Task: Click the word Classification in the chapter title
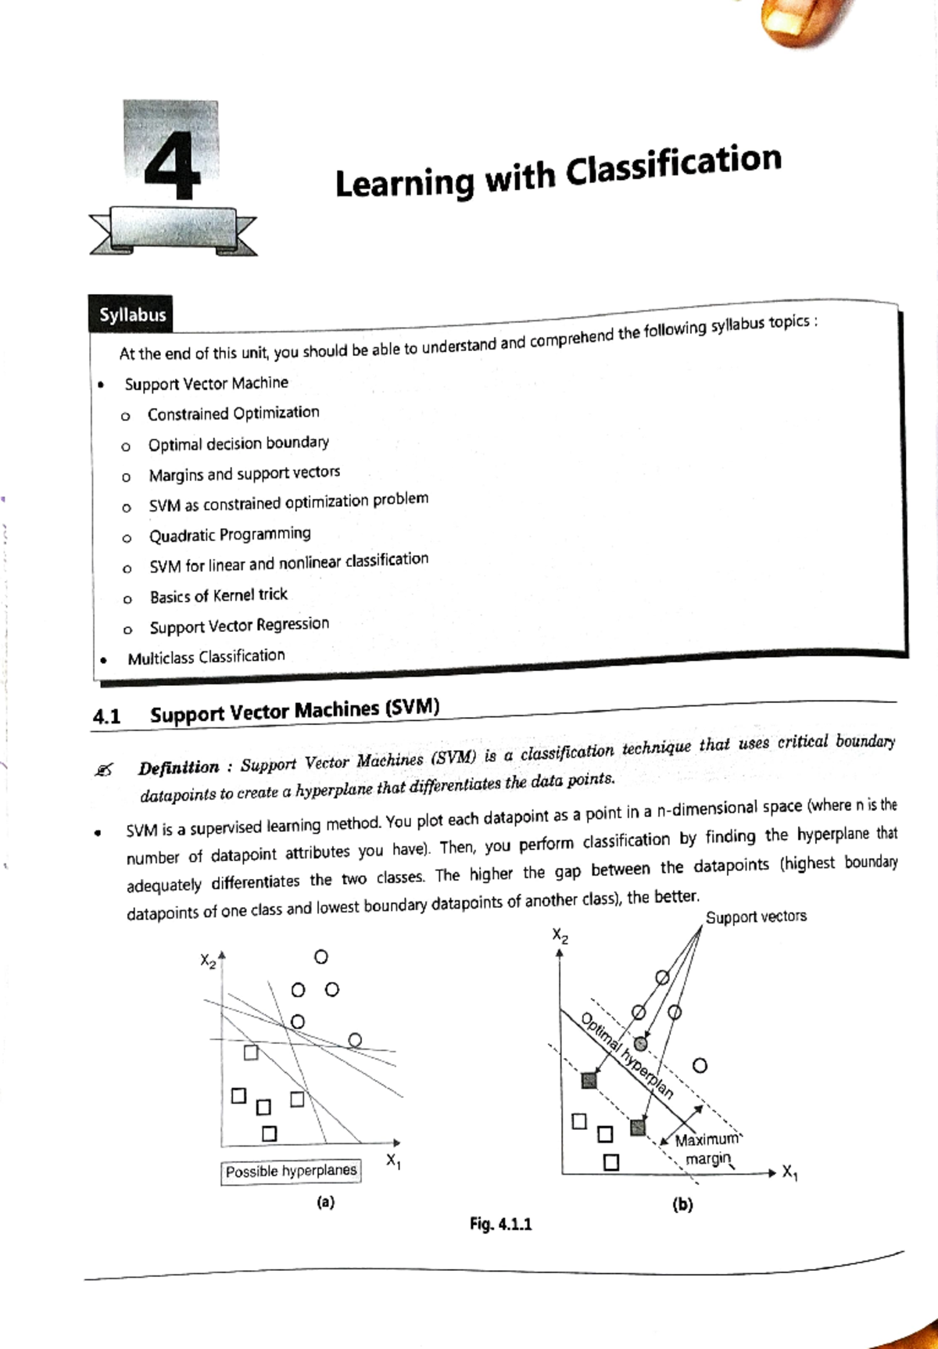(x=673, y=163)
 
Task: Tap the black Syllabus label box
(x=131, y=314)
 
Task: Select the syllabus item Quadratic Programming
(x=229, y=535)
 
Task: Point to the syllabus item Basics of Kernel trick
(x=218, y=596)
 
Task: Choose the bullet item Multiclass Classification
(x=206, y=657)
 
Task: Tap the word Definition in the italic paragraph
(x=178, y=768)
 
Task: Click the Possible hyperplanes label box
(x=291, y=1171)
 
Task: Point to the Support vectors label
(x=755, y=917)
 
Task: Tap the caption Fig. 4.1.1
(x=500, y=1224)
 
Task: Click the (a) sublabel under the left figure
(x=325, y=1202)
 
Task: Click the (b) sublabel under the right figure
(x=682, y=1204)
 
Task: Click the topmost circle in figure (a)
(x=320, y=957)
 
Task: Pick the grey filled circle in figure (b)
(x=641, y=1043)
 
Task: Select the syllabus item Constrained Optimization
(x=233, y=413)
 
